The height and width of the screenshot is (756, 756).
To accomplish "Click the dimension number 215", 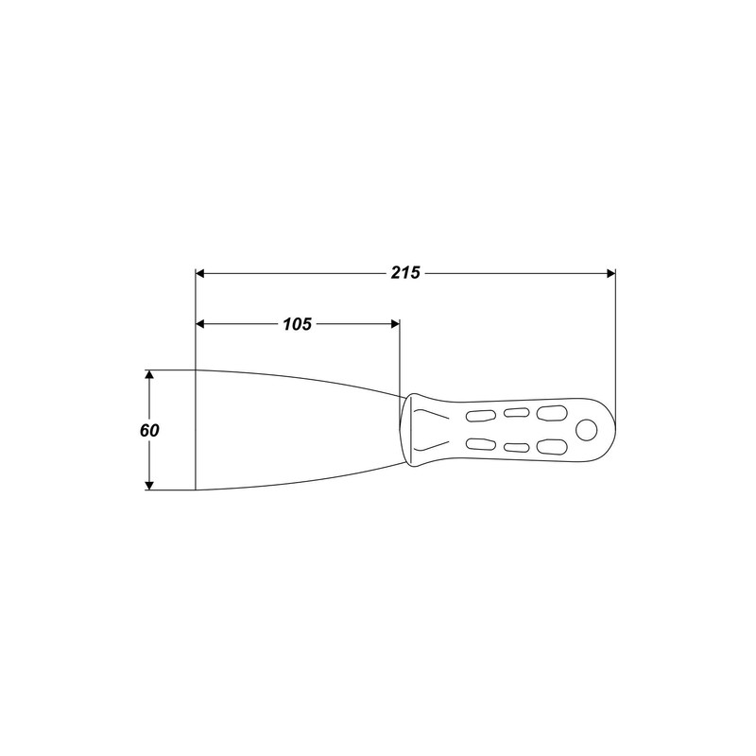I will tap(405, 273).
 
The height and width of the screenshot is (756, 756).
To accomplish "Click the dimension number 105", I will tap(297, 323).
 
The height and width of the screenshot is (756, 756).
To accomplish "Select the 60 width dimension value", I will tap(148, 430).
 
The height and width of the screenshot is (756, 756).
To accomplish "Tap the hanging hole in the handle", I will tap(587, 430).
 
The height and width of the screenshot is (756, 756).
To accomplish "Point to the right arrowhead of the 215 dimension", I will tap(610, 273).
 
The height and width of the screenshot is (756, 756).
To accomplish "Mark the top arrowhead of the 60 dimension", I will tap(148, 375).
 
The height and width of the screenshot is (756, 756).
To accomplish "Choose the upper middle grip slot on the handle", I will tap(516, 412).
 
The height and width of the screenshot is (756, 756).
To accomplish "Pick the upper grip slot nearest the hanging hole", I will tap(549, 412).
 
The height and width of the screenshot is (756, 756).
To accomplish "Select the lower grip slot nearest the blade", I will tap(481, 445).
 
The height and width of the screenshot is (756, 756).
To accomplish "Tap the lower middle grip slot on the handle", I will tap(516, 448).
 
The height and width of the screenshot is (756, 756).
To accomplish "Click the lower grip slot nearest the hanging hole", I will tap(549, 448).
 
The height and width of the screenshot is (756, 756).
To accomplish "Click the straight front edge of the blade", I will tap(195, 430).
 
